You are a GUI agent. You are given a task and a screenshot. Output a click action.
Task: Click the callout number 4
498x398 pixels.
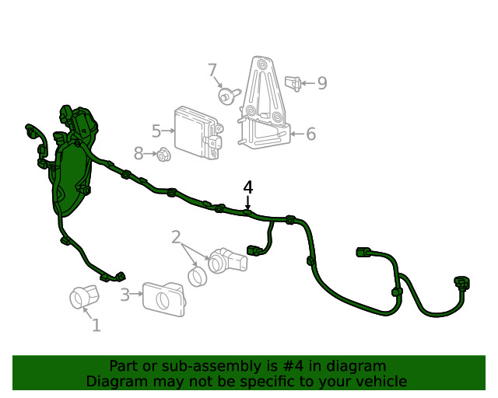tap(248, 187)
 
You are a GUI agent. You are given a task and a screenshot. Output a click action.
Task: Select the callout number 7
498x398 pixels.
tap(212, 71)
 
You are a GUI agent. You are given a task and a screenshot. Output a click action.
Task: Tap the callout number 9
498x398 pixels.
tap(321, 82)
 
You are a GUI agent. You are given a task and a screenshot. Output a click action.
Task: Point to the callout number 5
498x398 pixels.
tap(156, 131)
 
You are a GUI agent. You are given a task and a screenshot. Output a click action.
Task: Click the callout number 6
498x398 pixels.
tap(310, 134)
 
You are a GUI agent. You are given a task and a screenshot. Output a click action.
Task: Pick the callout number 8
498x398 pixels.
tap(139, 154)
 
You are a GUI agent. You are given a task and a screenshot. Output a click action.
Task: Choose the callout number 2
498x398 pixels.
tap(176, 237)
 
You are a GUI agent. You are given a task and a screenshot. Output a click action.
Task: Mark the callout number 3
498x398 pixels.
tap(125, 295)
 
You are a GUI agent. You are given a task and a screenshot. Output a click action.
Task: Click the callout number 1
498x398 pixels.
tap(96, 325)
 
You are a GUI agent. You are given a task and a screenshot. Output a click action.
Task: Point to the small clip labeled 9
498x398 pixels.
tap(293, 82)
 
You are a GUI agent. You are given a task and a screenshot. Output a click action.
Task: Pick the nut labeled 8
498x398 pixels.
tap(163, 155)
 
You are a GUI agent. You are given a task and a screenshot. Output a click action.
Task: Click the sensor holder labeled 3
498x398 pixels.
tap(164, 299)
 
